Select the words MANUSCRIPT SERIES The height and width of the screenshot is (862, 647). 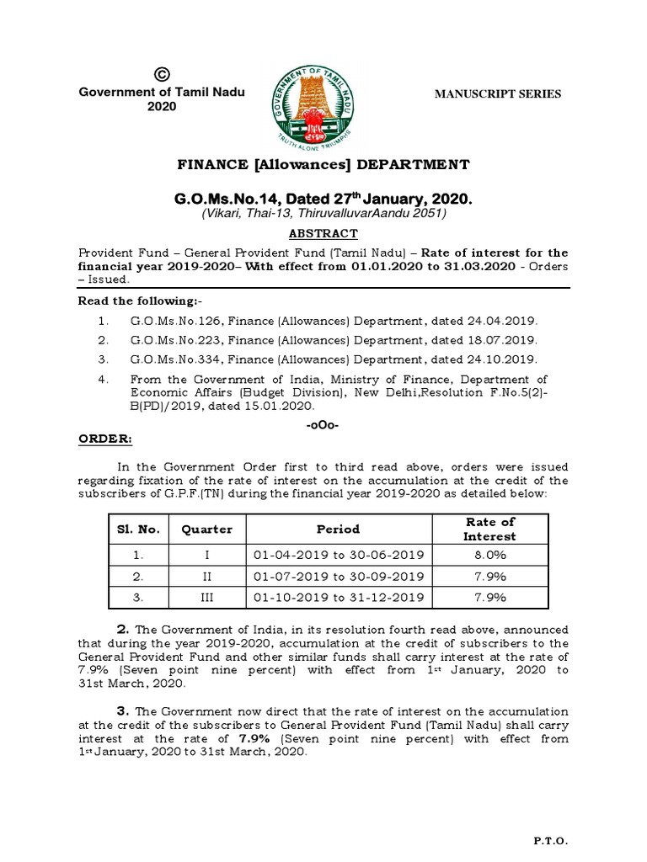click(x=497, y=94)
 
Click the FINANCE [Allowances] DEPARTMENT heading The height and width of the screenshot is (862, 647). click(x=323, y=164)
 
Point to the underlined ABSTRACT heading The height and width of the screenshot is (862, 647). click(x=323, y=234)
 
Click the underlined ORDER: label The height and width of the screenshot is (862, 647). click(x=105, y=439)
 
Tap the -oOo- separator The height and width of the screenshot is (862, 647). click(x=323, y=425)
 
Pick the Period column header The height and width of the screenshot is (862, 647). click(x=338, y=529)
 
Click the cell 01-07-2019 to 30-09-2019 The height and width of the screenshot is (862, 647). click(x=338, y=576)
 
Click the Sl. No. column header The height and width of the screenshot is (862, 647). click(x=139, y=529)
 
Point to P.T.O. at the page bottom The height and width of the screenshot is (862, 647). click(x=552, y=841)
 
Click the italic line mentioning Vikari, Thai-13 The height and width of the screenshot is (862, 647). click(x=323, y=215)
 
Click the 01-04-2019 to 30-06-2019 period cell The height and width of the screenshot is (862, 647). click(x=338, y=555)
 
